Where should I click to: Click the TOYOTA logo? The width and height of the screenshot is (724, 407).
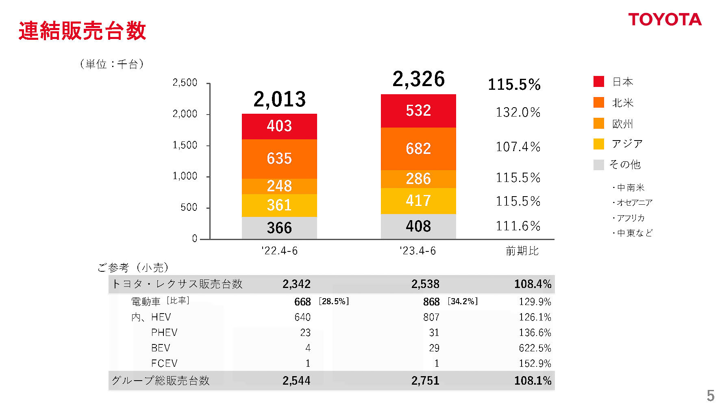tap(665, 19)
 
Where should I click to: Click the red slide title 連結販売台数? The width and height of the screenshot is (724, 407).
tap(82, 31)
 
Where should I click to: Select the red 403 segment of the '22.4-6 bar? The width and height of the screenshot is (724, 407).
tap(279, 126)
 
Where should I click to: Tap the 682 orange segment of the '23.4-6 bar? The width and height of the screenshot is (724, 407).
tap(418, 149)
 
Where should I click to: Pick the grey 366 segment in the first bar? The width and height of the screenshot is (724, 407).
tap(279, 228)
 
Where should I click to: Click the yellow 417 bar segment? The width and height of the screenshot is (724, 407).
tap(418, 201)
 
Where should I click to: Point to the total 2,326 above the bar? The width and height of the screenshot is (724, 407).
tap(418, 79)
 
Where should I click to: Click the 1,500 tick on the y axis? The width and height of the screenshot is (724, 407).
tap(185, 145)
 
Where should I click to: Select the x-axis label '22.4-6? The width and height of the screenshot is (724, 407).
tap(279, 251)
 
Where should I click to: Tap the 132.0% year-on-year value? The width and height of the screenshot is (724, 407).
tap(518, 112)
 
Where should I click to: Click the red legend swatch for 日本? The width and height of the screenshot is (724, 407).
tap(598, 82)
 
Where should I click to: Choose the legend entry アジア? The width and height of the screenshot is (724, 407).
tap(627, 144)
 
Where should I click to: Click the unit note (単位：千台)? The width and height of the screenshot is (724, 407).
tap(112, 64)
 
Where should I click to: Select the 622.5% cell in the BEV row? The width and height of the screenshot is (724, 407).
tap(535, 348)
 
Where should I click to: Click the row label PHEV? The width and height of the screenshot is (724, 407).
tap(164, 333)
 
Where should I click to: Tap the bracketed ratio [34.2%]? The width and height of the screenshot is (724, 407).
tap(463, 301)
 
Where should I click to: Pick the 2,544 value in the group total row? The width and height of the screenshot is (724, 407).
tap(296, 381)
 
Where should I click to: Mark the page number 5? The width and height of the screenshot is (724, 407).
tap(710, 395)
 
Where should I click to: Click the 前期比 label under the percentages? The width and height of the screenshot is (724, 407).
tap(522, 251)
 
